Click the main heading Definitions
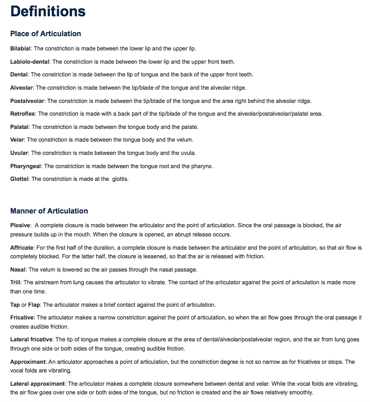[48, 11]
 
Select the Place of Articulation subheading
[45, 34]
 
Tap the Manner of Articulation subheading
[49, 211]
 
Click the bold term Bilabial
[20, 48]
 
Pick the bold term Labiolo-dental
[30, 62]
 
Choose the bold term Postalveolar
[27, 101]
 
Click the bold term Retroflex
[23, 114]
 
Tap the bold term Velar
[17, 140]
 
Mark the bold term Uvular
[19, 153]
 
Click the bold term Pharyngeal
[26, 166]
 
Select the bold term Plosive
[20, 225]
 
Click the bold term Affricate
[22, 248]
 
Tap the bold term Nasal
[18, 269]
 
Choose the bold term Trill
[15, 282]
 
